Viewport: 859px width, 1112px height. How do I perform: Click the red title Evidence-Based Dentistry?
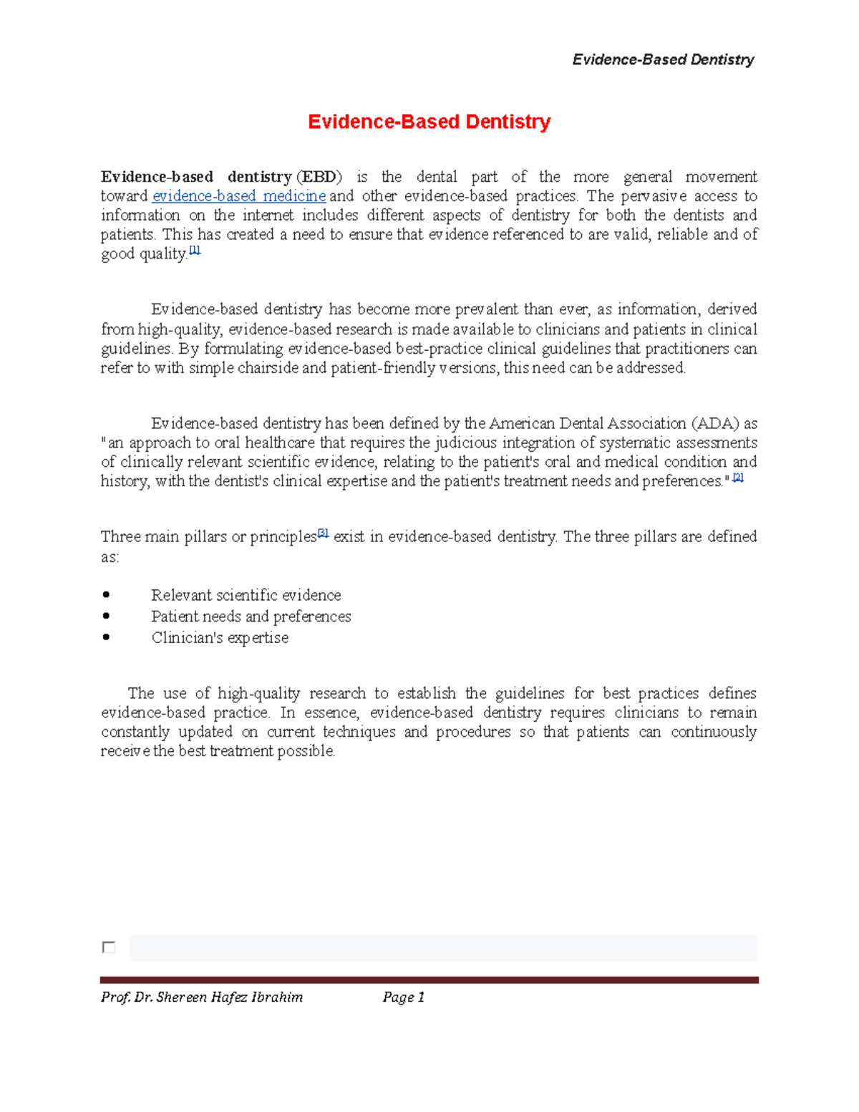[429, 122]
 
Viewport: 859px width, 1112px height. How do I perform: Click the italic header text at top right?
[663, 59]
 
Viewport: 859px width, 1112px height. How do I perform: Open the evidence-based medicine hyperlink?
[239, 196]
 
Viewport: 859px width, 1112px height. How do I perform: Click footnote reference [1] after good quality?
[195, 251]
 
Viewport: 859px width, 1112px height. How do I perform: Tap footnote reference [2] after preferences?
[738, 478]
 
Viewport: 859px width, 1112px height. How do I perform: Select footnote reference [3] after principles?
[323, 533]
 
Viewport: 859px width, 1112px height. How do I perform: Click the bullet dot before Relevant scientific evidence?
[107, 594]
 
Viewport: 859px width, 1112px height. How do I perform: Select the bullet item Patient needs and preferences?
[251, 617]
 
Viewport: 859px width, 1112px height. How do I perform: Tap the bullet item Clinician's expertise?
[220, 638]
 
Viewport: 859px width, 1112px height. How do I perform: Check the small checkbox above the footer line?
[109, 947]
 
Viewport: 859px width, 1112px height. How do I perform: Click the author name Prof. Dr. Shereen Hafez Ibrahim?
[202, 997]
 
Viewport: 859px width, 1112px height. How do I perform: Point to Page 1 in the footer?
[404, 997]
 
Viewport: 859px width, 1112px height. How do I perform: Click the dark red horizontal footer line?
[429, 980]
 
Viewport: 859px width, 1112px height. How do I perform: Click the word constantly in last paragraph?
[135, 732]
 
